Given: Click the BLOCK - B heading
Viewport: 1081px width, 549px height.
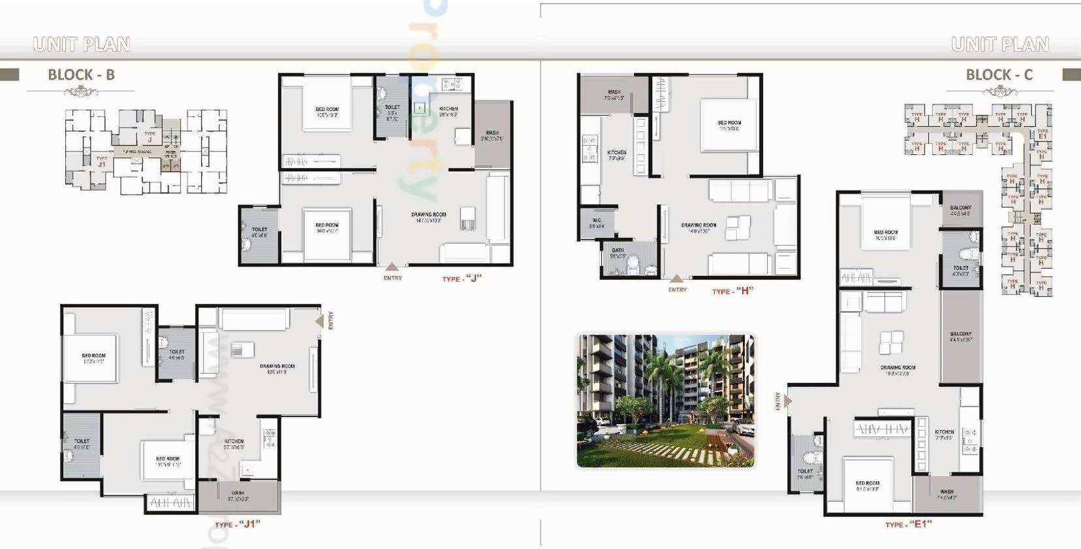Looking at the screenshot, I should pos(81,75).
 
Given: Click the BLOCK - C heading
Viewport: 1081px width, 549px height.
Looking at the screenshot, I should pos(999,75).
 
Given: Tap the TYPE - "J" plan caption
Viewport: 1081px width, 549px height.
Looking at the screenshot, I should pos(462,278).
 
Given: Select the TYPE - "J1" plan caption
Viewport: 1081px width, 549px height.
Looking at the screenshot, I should pos(238,524).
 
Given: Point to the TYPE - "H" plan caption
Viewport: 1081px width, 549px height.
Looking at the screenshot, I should pos(732,291).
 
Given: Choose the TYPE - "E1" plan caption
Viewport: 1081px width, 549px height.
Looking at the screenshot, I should pos(908,524).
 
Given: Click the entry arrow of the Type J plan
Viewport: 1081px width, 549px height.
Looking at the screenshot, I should pos(392,267).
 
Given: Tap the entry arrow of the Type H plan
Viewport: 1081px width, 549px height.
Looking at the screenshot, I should pos(677,279).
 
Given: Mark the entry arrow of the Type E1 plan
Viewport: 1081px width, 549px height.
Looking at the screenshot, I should pos(787,401).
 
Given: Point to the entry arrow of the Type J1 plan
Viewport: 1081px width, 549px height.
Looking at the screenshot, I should pos(319,321).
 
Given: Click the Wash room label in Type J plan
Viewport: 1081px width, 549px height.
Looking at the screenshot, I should pos(492,135).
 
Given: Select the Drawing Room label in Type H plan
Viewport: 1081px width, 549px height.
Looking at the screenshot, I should pos(698,227).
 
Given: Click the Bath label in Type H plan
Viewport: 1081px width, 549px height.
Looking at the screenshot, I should pos(618,253).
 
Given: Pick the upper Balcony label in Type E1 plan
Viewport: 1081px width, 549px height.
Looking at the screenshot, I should pos(960,210).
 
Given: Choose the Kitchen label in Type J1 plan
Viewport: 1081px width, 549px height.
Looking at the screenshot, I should pos(234,444).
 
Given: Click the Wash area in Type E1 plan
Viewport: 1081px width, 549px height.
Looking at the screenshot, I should pos(947,494).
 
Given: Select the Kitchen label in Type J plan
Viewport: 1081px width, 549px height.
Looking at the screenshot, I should pos(448,111).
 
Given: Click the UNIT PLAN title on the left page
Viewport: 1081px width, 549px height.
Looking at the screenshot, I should pos(82,44).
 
